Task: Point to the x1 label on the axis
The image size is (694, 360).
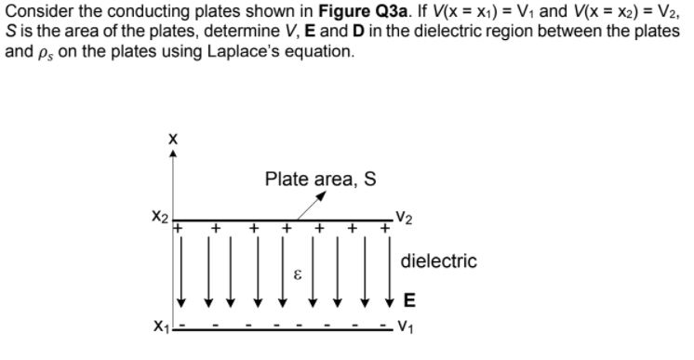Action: tap(157, 327)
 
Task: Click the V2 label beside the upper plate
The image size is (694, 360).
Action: tap(405, 220)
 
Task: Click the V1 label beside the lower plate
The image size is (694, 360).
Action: tap(405, 327)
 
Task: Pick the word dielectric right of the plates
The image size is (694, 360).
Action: tap(438, 261)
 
